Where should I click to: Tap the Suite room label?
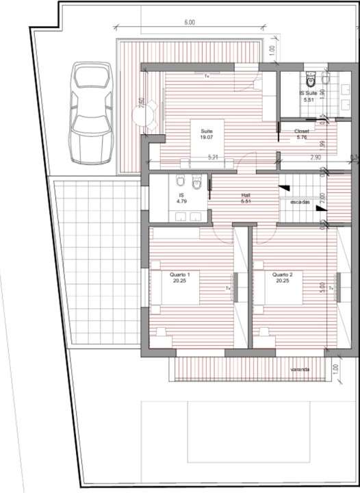point(206,131)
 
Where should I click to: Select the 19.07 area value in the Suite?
point(206,138)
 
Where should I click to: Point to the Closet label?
point(302,131)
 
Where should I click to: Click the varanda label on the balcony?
point(300,370)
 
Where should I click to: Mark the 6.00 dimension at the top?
point(190,23)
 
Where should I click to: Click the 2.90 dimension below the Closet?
point(316,157)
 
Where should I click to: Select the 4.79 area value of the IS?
point(182,201)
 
